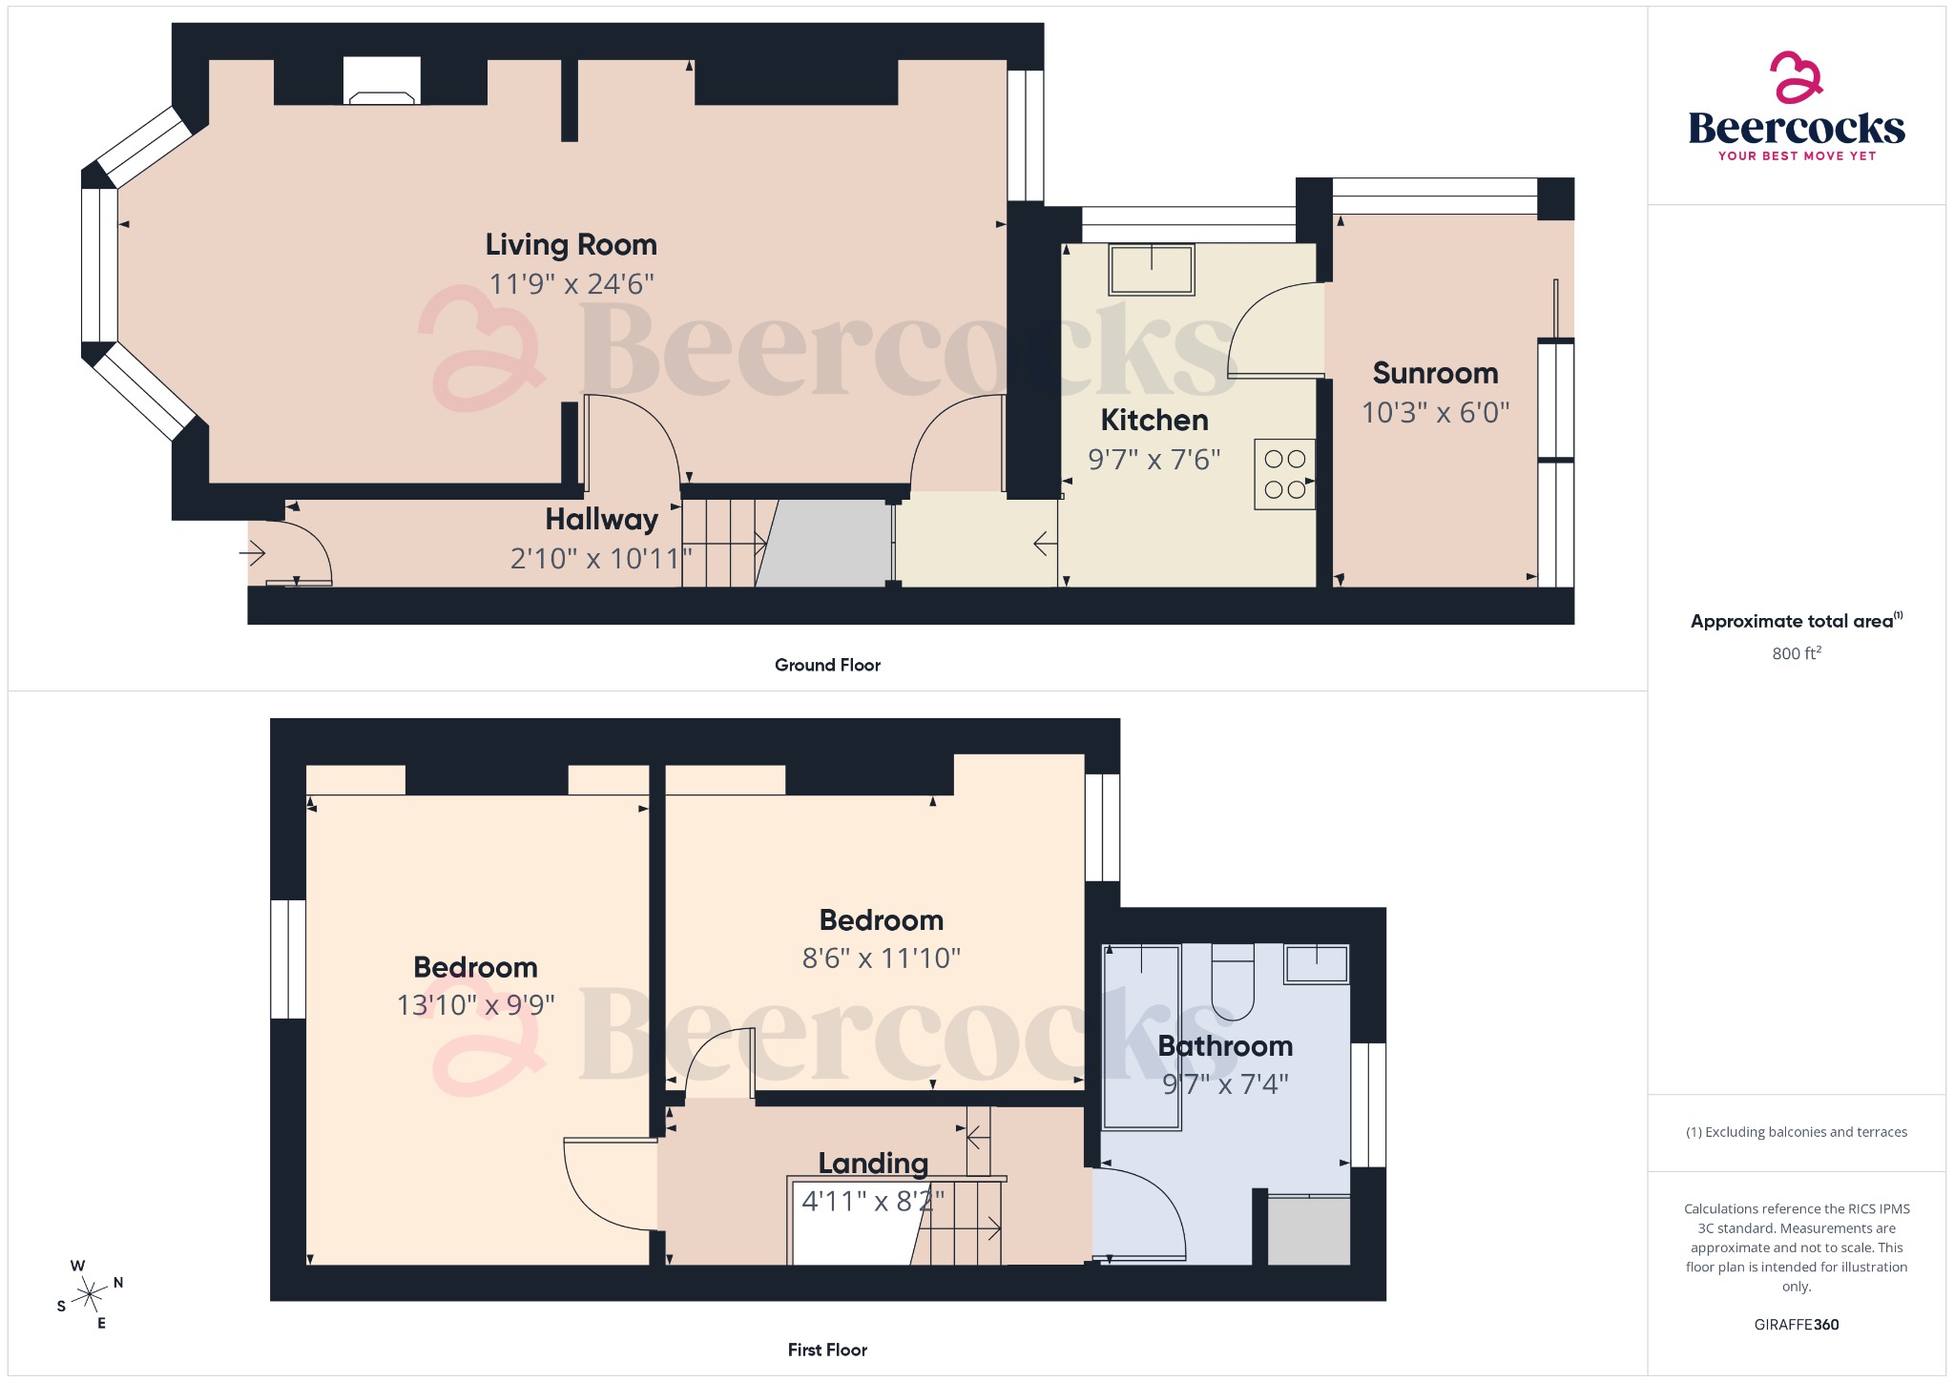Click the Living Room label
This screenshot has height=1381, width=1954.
point(571,245)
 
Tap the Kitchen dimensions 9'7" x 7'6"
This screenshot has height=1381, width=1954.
point(1154,460)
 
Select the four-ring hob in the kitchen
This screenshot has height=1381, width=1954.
point(1284,474)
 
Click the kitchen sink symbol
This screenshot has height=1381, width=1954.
point(1152,269)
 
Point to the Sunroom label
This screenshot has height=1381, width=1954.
point(1435,373)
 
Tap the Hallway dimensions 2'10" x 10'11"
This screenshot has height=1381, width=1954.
point(601,558)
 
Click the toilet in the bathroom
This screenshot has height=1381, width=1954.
point(1232,982)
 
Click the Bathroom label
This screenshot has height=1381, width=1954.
point(1225,1046)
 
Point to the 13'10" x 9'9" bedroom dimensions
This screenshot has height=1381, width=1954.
point(475,1005)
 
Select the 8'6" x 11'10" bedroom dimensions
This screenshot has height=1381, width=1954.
point(881,958)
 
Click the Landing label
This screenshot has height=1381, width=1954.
point(873,1164)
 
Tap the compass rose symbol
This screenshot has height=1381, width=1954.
point(90,1294)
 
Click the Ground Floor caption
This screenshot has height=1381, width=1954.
point(827,665)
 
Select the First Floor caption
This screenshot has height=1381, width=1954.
point(827,1350)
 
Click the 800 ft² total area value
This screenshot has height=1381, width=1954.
point(1796,653)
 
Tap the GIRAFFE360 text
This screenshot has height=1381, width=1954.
point(1796,1324)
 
